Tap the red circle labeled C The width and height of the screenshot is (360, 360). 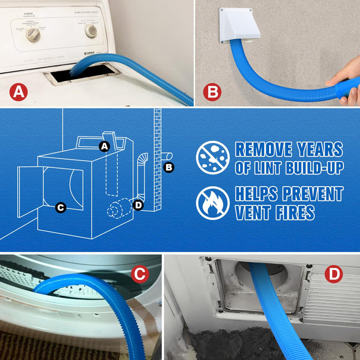(x=140, y=273)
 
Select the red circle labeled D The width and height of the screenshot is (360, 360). (x=333, y=274)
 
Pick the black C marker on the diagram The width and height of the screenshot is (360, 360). (x=61, y=208)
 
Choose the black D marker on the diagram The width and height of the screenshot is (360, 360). (x=138, y=206)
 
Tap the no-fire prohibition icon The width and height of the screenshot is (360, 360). (x=213, y=203)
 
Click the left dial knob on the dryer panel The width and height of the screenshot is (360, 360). (x=34, y=34)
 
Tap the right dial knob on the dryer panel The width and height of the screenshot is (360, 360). (x=91, y=31)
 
